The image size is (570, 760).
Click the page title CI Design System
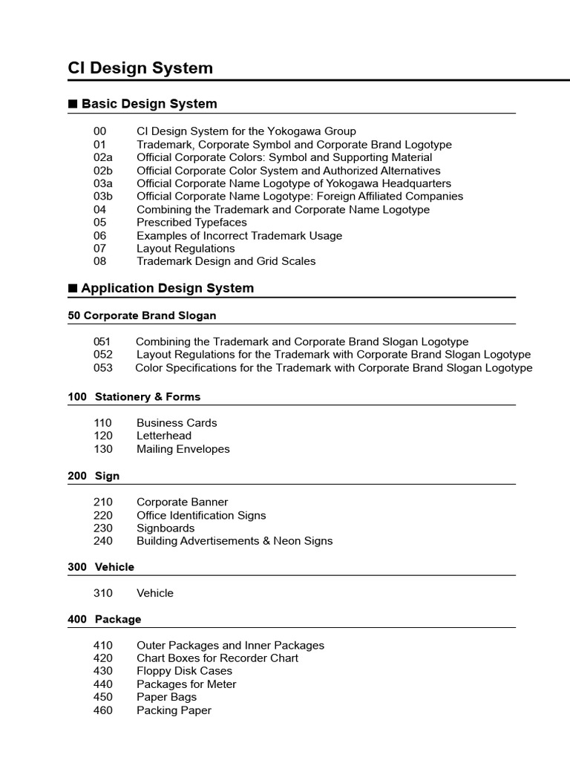140,68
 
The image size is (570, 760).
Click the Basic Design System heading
149,104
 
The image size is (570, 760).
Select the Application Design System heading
167,288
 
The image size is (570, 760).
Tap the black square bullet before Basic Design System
73,104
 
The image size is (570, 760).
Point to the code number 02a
103,157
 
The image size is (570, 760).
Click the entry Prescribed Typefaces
191,223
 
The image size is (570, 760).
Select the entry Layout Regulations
186,249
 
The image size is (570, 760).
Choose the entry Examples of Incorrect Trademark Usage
239,235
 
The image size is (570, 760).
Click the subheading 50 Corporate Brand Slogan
142,315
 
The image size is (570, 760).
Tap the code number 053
103,368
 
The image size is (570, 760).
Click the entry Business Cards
177,423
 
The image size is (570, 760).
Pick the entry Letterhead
164,436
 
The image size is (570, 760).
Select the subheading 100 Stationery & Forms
134,397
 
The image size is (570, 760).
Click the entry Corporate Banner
183,502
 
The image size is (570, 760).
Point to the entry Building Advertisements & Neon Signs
235,541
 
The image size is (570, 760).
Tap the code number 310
103,593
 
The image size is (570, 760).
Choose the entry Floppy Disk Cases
184,671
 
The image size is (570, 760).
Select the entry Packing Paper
174,710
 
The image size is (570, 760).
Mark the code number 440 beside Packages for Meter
103,684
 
